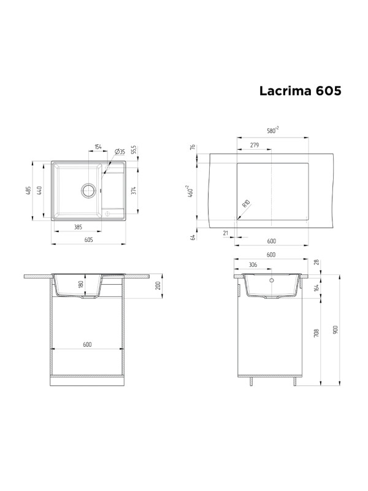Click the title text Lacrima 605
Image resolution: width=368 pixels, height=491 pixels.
tap(300, 90)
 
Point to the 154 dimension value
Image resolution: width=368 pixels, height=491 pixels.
tap(98, 147)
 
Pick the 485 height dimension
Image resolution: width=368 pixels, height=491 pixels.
tap(28, 191)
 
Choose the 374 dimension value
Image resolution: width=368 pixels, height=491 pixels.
tap(133, 191)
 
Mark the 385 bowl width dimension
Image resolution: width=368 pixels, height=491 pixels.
tap(78, 227)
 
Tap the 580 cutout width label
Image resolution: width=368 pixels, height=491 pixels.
tap(272, 130)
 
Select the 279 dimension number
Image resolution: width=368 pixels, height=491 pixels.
tap(254, 145)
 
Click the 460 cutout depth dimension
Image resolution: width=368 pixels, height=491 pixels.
tap(191, 191)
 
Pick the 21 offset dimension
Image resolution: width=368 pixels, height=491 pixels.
tap(226, 232)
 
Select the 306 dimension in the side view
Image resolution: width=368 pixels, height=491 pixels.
tap(253, 266)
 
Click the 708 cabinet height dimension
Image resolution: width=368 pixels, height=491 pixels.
tap(316, 333)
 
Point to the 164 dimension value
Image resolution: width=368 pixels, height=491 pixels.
tap(316, 287)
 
